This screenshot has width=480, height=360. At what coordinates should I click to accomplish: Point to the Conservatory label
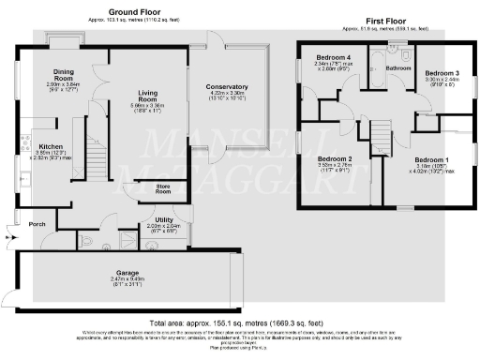226,86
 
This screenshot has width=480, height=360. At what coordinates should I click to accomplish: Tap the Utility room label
155,220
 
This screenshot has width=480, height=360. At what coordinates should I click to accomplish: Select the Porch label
38,224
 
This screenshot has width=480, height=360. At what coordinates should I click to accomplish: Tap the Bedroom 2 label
335,158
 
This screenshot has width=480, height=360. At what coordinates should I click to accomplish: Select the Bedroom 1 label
433,159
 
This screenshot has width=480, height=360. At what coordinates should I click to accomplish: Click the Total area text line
240,320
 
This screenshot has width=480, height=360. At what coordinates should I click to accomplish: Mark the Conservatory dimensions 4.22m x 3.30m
226,94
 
